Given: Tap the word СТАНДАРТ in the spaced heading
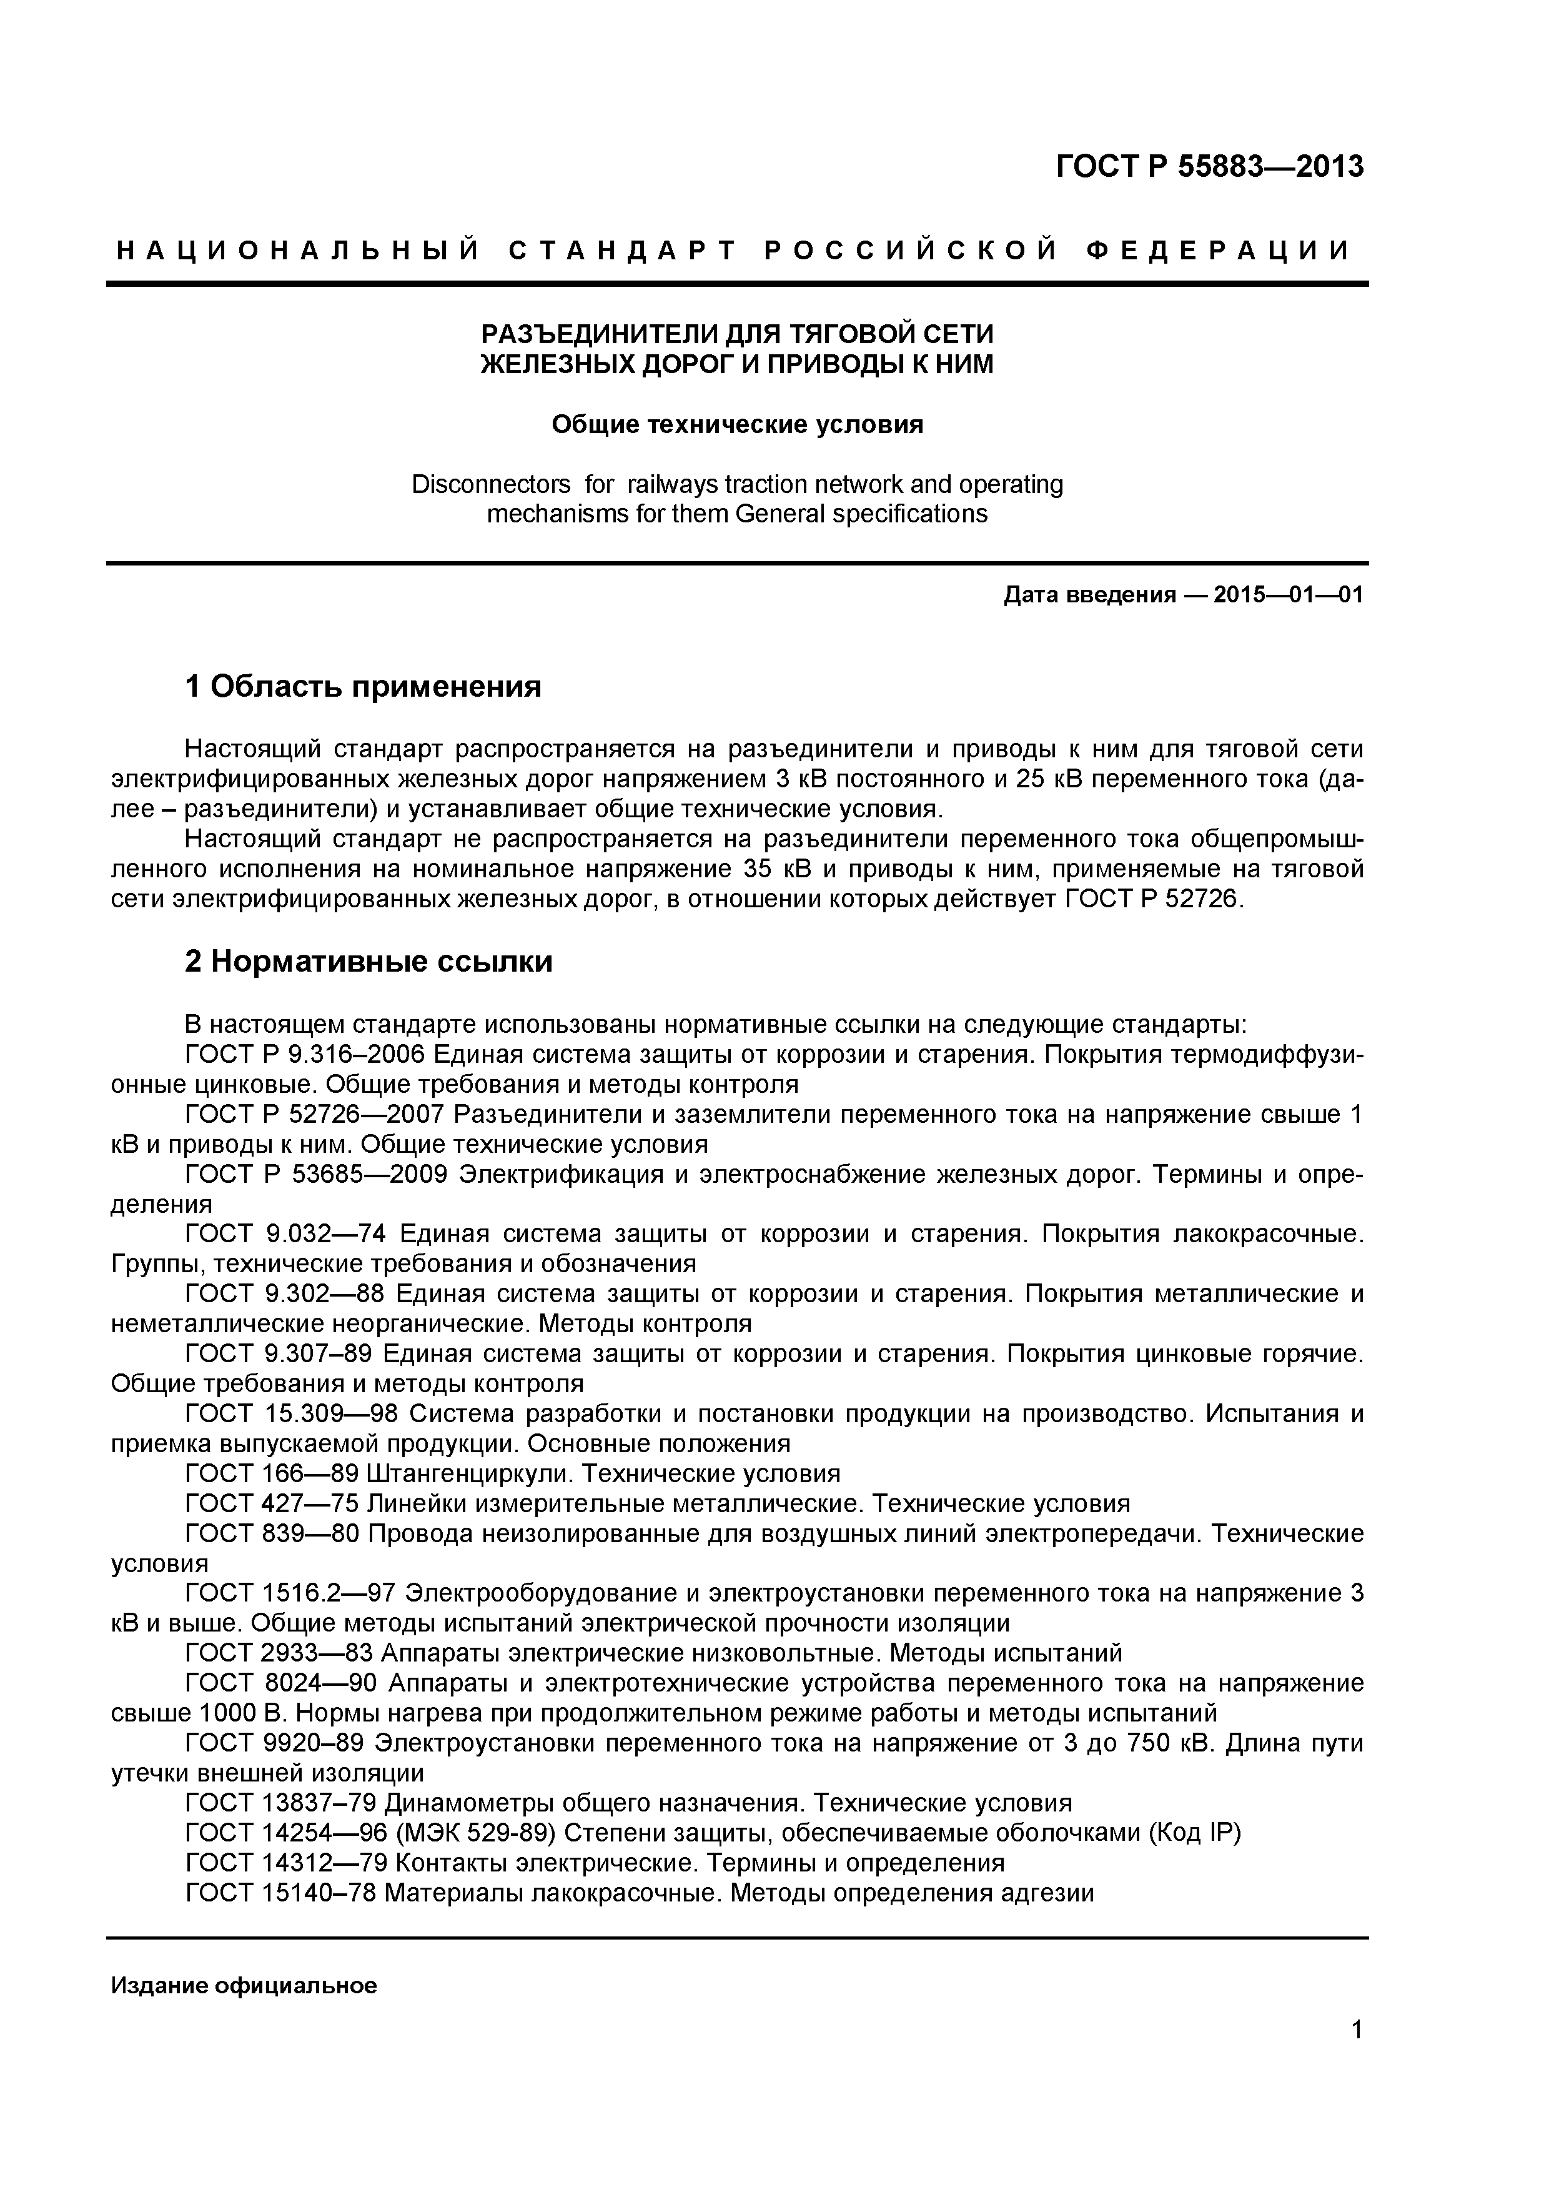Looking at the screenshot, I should pos(622,251).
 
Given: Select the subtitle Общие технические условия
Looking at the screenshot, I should pos(737,424).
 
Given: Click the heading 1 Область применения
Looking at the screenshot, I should pos(363,687).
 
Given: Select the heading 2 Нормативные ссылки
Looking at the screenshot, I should pos(369,962).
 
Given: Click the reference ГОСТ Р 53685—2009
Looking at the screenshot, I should pos(317,1174).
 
